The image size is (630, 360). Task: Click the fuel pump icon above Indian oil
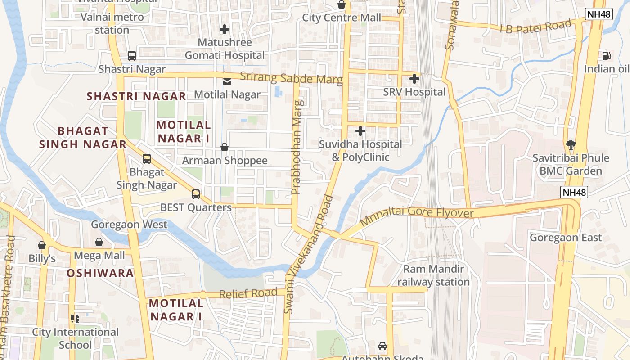[x=606, y=56]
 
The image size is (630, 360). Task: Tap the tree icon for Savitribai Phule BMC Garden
[x=571, y=145]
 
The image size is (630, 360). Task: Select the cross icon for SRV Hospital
[x=414, y=79]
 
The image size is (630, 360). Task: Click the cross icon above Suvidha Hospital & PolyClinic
[x=360, y=131]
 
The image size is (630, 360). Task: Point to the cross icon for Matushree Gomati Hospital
[x=224, y=30]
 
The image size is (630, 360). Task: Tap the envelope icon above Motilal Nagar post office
[x=227, y=82]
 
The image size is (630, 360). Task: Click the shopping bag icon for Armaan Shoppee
[x=224, y=148]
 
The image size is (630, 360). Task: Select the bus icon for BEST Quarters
[x=195, y=194]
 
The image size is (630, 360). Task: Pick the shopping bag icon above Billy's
[x=42, y=246]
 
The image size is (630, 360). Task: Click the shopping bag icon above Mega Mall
[x=99, y=243]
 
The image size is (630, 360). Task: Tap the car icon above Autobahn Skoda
[x=382, y=346]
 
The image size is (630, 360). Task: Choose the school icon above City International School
[x=75, y=319]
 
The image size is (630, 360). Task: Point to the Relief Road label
[x=248, y=293]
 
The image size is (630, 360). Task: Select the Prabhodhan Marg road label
[x=296, y=147]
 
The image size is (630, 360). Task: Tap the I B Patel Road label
[x=535, y=27]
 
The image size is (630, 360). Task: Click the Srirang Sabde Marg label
[x=291, y=78]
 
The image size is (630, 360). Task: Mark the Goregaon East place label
[x=566, y=238]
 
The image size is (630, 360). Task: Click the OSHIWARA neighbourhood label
[x=100, y=273]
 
